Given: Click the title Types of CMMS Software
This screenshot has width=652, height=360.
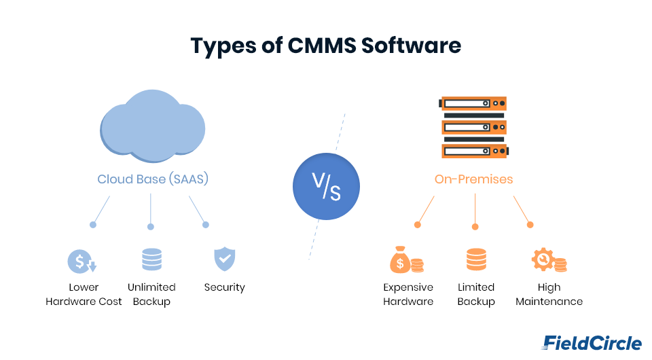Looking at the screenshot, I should (x=326, y=46).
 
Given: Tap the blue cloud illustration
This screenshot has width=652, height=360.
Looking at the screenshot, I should (x=152, y=126).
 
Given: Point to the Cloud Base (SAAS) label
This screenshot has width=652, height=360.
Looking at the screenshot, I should (x=152, y=179).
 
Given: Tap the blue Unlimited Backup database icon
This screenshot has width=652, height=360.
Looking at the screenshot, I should (x=151, y=260).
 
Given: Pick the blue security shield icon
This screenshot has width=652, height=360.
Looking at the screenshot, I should (x=224, y=259).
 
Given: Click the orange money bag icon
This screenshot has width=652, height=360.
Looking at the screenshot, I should (x=406, y=259).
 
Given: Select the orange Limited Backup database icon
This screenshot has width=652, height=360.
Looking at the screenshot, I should (x=476, y=260).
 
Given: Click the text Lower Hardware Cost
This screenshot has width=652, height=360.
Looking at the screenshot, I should (x=84, y=294).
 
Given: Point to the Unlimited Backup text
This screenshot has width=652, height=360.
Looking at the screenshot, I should (x=151, y=294).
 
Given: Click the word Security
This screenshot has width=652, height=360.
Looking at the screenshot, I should (x=224, y=287).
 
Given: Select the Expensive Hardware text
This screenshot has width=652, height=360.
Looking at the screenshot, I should (x=408, y=294).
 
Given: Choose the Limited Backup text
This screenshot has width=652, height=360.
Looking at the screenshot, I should (x=476, y=294).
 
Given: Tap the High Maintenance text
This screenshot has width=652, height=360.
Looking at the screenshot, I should (x=549, y=294).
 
